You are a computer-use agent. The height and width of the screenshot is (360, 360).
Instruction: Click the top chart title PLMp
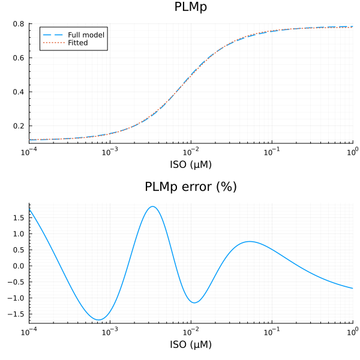pyautogui.click(x=191, y=7)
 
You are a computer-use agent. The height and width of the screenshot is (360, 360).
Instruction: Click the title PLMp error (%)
pyautogui.click(x=191, y=187)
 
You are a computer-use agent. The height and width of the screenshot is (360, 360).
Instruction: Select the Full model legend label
pyautogui.click(x=86, y=35)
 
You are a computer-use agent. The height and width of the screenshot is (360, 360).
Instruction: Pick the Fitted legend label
pyautogui.click(x=78, y=43)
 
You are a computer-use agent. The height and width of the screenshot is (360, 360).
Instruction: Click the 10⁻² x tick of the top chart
pyautogui.click(x=191, y=150)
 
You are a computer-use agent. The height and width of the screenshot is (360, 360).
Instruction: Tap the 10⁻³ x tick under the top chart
pyautogui.click(x=109, y=150)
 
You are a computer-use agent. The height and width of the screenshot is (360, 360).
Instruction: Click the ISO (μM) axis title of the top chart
pyautogui.click(x=191, y=164)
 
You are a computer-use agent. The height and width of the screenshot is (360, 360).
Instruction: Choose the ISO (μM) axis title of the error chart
pyautogui.click(x=191, y=344)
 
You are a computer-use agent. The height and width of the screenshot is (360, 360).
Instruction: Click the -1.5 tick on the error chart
pyautogui.click(x=16, y=314)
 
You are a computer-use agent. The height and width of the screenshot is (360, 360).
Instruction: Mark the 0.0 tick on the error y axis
pyautogui.click(x=18, y=266)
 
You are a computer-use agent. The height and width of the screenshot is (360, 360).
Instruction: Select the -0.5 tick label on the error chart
pyautogui.click(x=16, y=282)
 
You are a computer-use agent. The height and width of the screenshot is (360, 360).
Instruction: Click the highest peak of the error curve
pyautogui.click(x=153, y=206)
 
